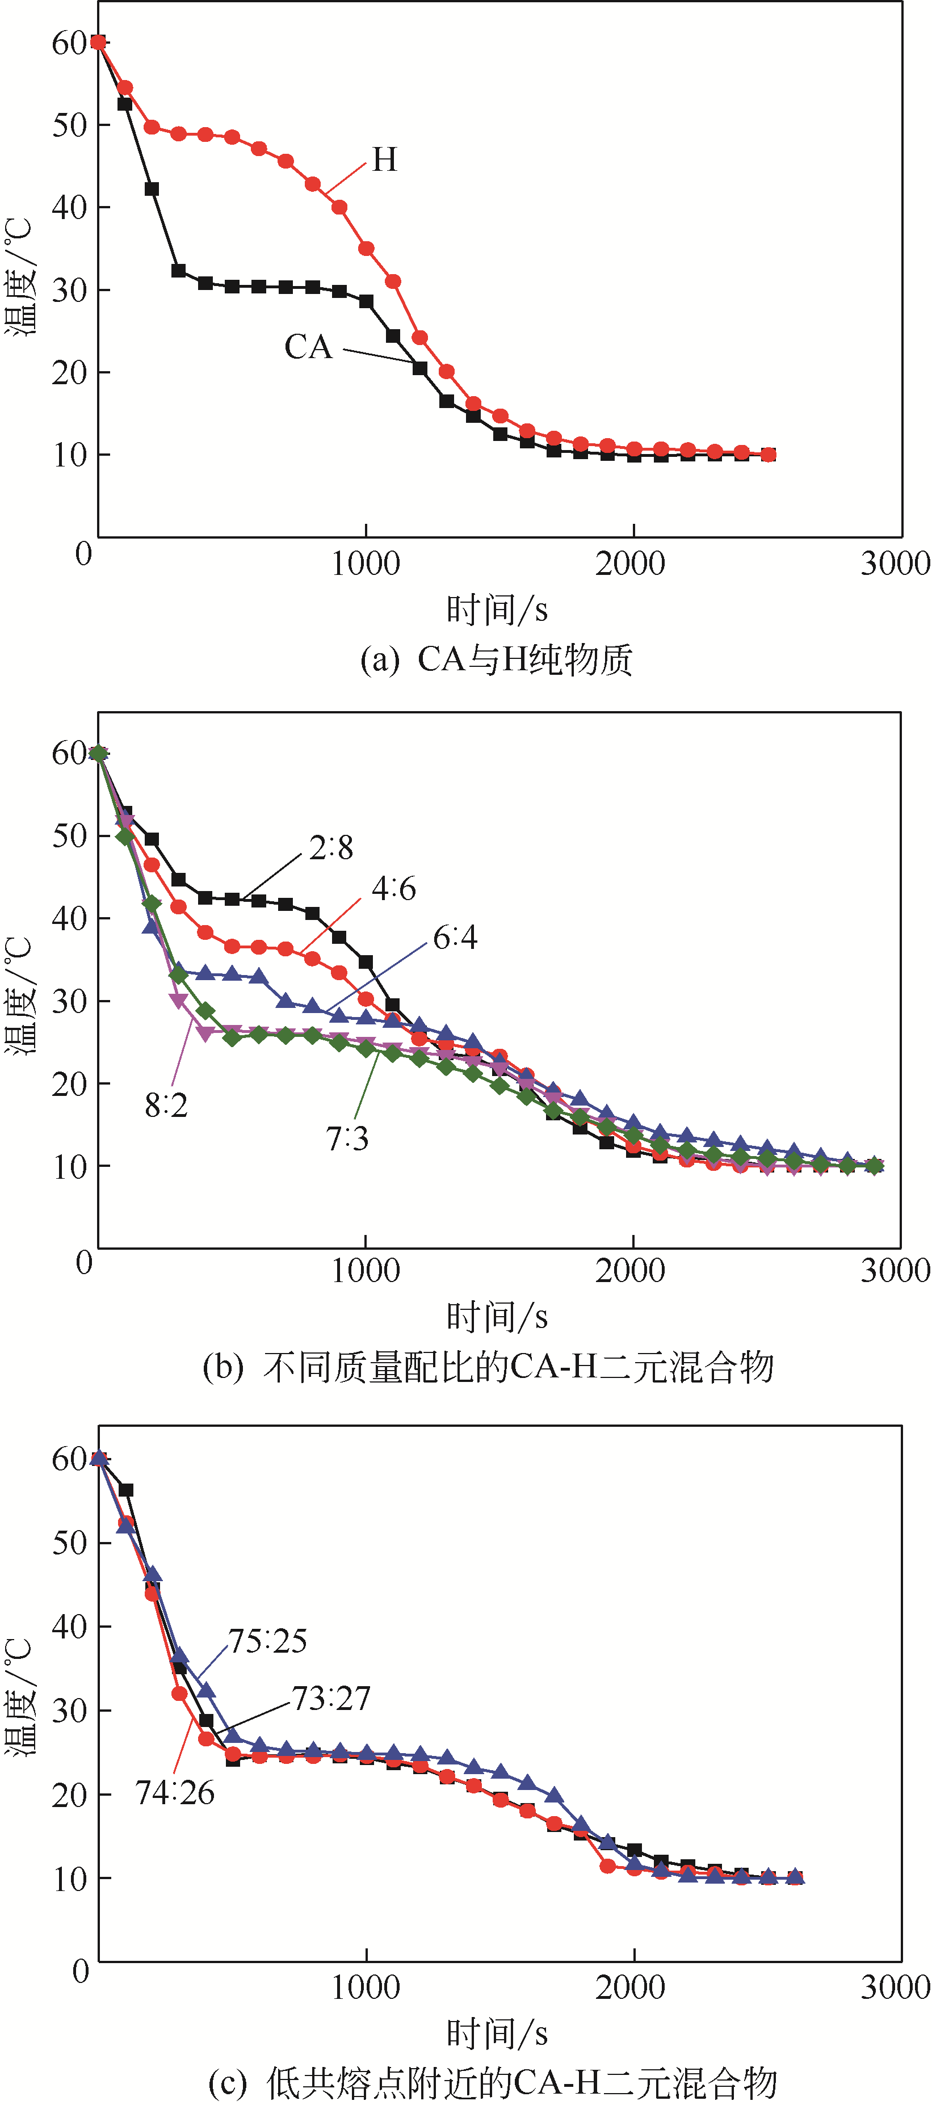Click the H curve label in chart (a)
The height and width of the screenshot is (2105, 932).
coord(384,159)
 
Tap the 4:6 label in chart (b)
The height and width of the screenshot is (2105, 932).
coord(394,888)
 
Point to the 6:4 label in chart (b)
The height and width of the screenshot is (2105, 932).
coord(455,937)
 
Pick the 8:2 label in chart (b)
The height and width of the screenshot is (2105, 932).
coord(166,1106)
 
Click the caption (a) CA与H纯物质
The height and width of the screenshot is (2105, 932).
coord(496,659)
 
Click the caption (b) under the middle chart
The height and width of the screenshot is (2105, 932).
coord(488,1366)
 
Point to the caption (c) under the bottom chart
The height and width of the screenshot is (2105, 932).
coord(492,2083)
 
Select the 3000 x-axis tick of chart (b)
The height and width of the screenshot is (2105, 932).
coord(895,1271)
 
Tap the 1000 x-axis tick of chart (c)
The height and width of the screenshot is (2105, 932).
coord(366,1988)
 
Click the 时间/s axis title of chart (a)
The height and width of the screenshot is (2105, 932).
coord(496,610)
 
